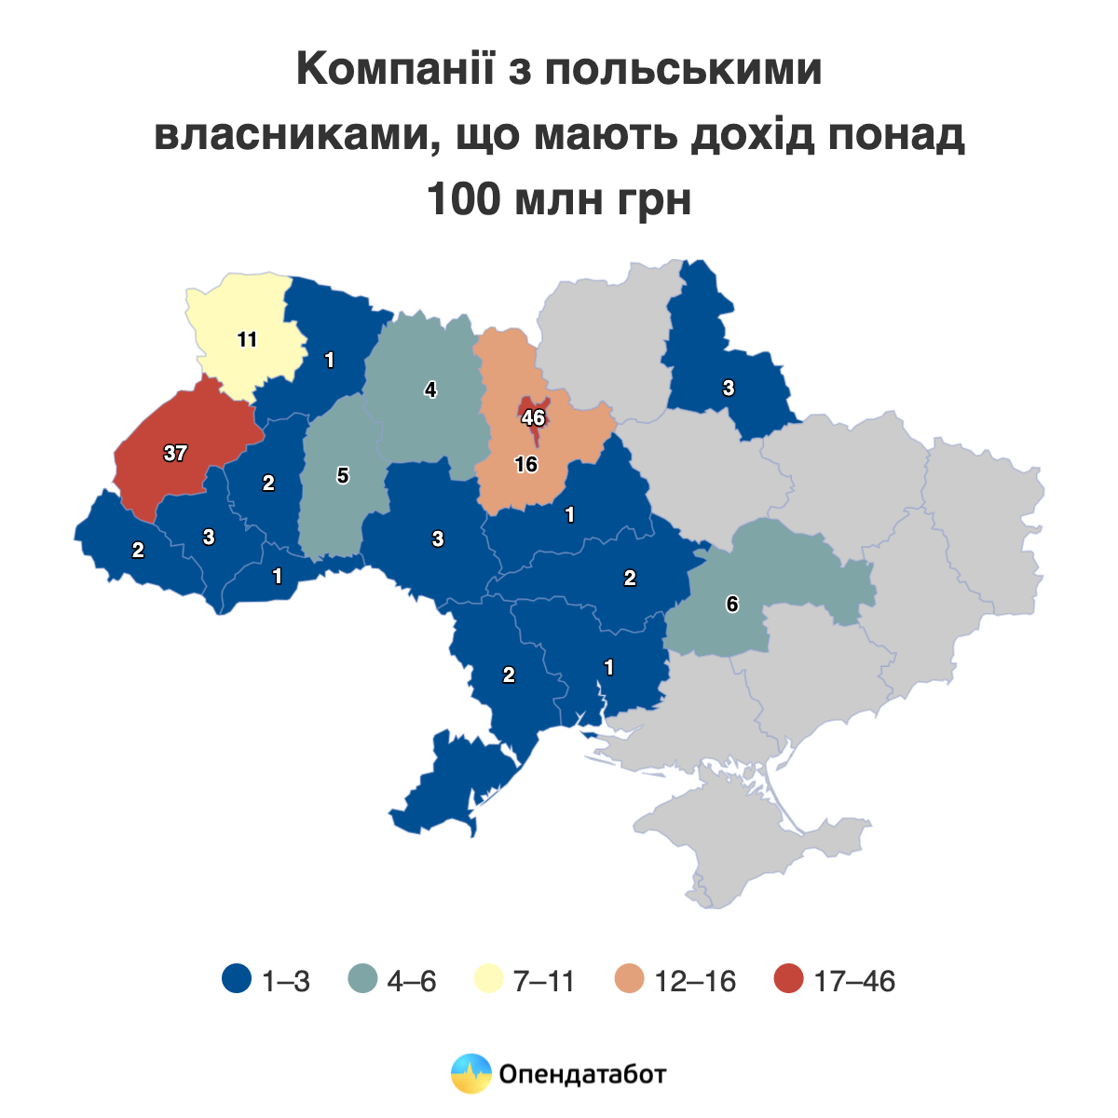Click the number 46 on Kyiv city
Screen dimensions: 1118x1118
(x=533, y=418)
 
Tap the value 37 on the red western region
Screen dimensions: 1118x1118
(x=175, y=454)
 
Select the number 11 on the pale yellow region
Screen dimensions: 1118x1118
(x=247, y=340)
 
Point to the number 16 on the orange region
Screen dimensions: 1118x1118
(x=526, y=464)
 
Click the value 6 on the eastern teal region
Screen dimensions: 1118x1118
(x=732, y=605)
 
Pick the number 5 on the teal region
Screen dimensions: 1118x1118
(x=343, y=476)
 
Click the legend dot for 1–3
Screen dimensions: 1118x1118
(x=237, y=981)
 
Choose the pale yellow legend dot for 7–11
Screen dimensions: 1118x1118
(x=489, y=981)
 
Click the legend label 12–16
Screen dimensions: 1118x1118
(x=695, y=981)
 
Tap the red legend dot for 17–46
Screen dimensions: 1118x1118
(x=789, y=981)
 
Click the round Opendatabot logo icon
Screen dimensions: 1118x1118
(x=470, y=1074)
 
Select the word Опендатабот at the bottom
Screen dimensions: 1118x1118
(x=583, y=1074)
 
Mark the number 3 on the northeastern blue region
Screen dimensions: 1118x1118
(x=729, y=389)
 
